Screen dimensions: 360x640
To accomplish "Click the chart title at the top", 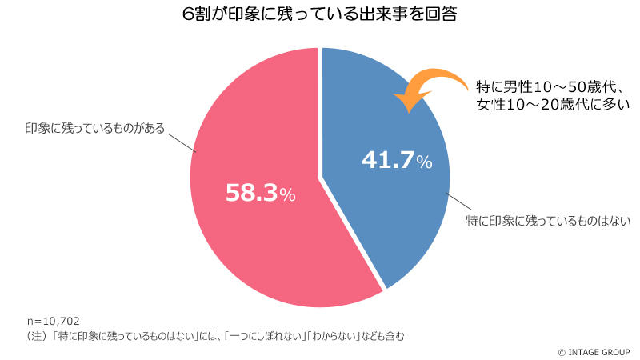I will click(319, 15).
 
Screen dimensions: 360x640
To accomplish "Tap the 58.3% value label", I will click(250, 193).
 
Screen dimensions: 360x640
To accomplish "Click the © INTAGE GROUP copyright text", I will click(594, 350).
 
